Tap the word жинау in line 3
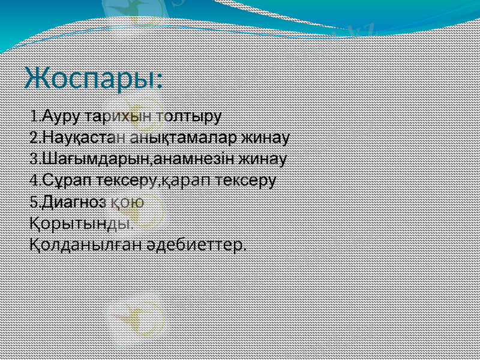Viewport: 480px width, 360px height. point(262,160)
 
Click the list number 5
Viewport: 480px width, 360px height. point(34,202)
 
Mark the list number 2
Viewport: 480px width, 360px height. point(34,137)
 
